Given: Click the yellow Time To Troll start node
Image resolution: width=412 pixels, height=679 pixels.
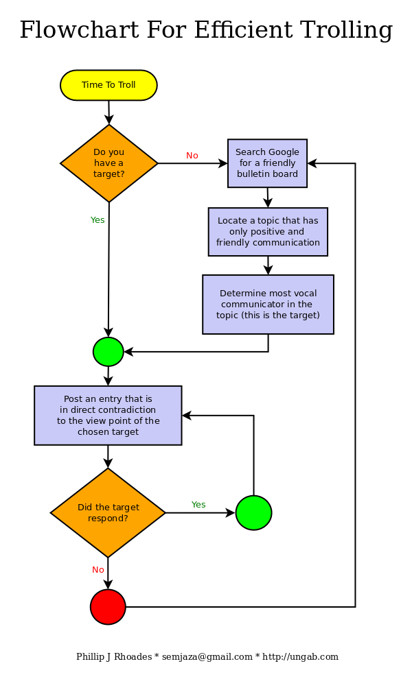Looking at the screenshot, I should [108, 85].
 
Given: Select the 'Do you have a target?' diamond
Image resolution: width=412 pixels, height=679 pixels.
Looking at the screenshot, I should [108, 163].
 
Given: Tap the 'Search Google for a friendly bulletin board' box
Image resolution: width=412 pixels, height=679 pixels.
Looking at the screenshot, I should [267, 163].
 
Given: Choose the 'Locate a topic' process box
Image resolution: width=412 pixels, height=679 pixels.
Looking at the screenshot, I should [268, 232].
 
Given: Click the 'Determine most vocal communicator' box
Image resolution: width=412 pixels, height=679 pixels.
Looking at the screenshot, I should [268, 305].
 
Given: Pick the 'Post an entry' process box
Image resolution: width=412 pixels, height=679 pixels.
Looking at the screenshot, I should [108, 416].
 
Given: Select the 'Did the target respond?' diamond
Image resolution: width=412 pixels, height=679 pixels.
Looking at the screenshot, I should [108, 512].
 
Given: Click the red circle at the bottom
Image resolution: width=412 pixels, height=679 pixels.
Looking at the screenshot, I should [108, 607].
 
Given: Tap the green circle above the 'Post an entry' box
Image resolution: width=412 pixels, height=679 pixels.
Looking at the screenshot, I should [108, 352].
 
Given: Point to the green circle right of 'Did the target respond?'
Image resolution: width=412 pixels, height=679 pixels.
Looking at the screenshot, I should [253, 512].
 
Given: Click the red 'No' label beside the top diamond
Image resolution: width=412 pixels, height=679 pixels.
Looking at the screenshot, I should [192, 156].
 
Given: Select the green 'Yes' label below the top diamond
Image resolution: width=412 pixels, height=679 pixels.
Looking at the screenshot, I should [98, 220].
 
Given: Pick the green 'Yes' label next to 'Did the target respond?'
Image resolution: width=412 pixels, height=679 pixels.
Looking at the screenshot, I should [198, 505].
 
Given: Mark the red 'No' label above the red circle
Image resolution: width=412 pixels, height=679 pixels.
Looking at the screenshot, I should [98, 570].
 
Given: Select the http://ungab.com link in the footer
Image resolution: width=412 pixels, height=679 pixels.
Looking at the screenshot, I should [300, 657].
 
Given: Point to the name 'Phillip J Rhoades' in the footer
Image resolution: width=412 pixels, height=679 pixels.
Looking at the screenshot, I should [114, 657].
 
